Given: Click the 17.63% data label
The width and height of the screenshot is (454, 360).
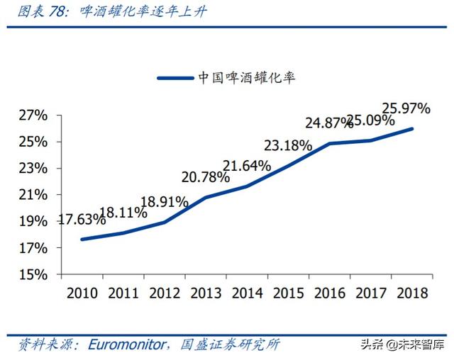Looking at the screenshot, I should (x=82, y=220).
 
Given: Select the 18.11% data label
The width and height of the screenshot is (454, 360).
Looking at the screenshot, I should (x=123, y=211).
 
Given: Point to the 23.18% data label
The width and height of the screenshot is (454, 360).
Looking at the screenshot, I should (x=288, y=146).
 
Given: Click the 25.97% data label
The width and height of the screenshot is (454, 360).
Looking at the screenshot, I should (x=406, y=109).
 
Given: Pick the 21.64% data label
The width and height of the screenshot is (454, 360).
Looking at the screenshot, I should (x=246, y=167).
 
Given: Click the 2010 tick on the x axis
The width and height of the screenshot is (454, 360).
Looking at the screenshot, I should (x=82, y=292).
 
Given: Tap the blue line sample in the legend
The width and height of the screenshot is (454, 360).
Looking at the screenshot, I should (x=175, y=78).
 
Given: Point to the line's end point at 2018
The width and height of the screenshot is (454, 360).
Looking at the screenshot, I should (x=411, y=128).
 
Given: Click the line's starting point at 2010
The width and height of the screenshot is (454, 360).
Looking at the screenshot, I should (x=82, y=240).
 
